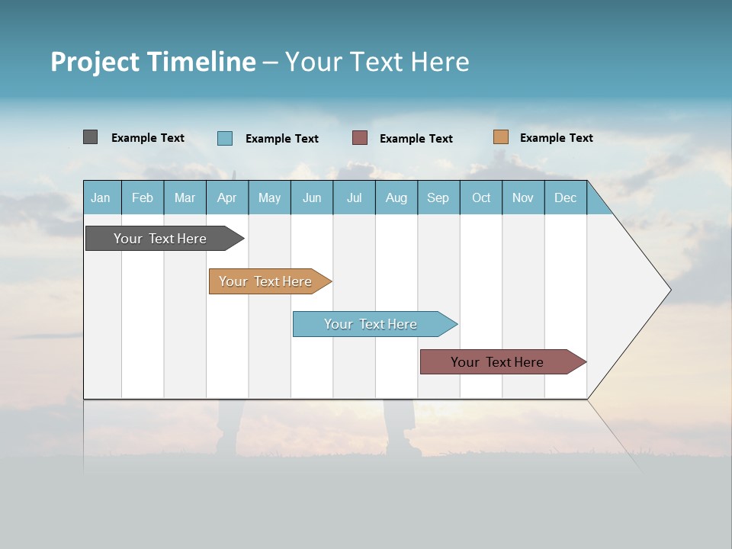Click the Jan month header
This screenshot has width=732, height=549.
pos(101,197)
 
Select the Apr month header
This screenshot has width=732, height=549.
pos(227,197)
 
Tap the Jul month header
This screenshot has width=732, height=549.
pos(354,197)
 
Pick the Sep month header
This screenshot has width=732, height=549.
pos(438,197)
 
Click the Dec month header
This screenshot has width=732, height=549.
pos(565,197)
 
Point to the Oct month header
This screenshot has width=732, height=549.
pos(481,197)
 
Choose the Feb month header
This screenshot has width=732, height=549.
pos(143,197)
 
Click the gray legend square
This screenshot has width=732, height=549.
pos(90,137)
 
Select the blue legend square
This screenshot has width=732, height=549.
pos(225,138)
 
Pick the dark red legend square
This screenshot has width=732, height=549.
pos(360,138)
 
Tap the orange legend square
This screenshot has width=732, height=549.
pos(500,137)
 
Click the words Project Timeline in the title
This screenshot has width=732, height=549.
pos(153,62)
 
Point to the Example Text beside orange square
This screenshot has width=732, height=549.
pos(556,138)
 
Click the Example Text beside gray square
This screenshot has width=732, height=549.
pos(148,138)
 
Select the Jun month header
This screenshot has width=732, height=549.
pos(312,197)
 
